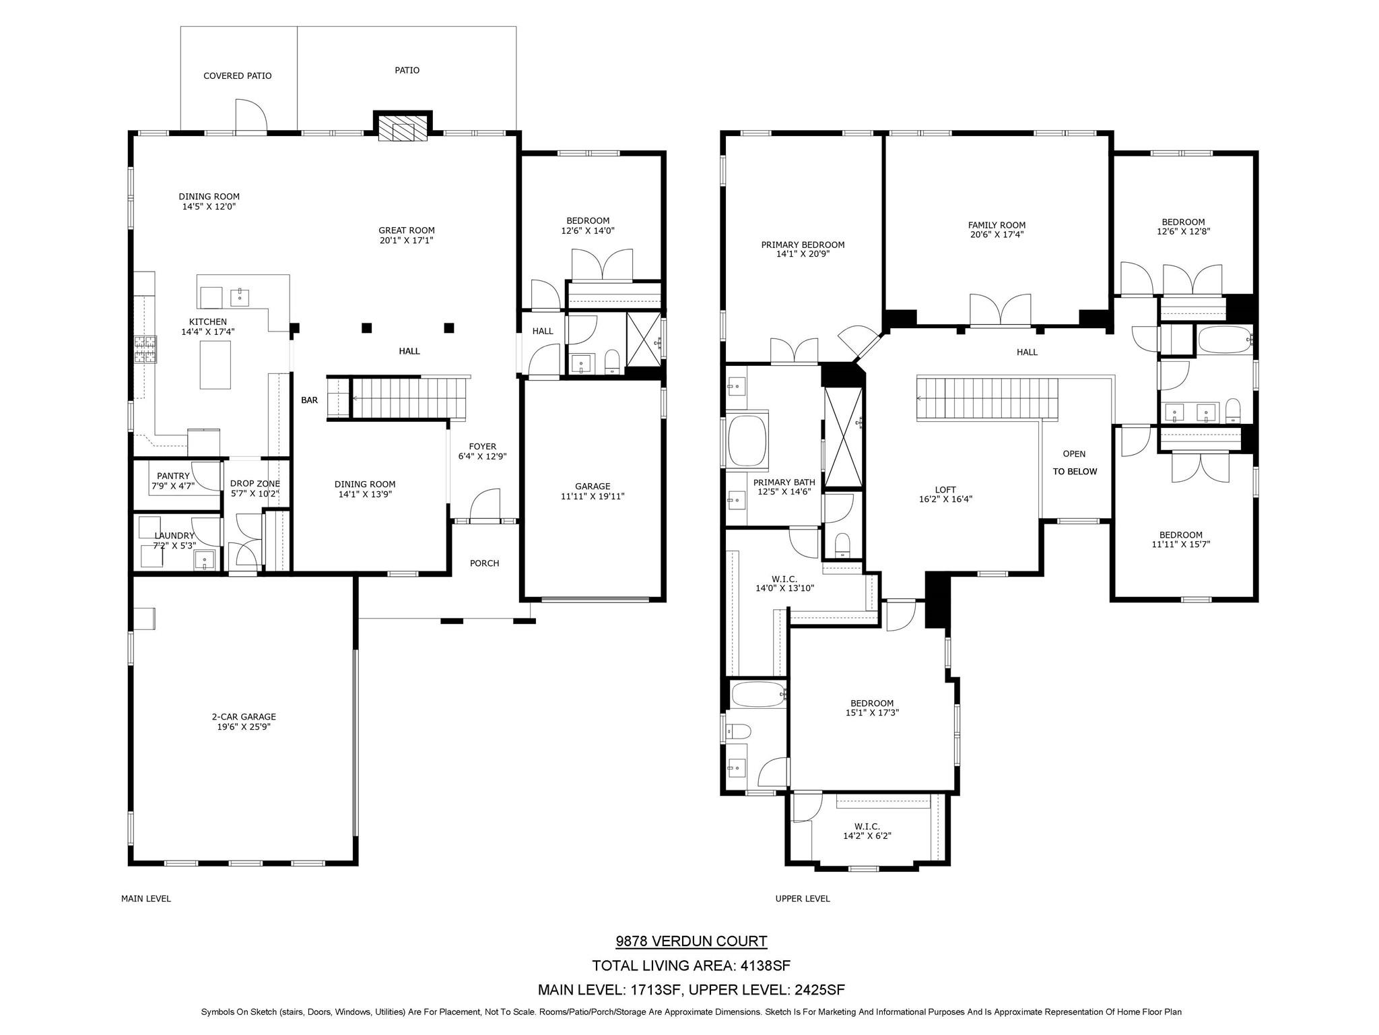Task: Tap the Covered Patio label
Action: (238, 76)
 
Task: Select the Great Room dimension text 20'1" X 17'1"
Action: (406, 240)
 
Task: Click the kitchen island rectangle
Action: (215, 365)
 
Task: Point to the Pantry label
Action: (173, 476)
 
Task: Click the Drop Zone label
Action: (255, 484)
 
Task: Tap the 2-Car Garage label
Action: (244, 717)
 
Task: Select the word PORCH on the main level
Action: (484, 563)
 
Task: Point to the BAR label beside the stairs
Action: (309, 400)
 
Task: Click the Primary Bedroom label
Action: (803, 245)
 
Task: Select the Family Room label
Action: (997, 225)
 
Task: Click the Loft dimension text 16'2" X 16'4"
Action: (945, 499)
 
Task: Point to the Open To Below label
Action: (1075, 462)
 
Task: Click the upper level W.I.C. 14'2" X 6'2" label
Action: (867, 832)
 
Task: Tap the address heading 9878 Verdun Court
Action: (691, 941)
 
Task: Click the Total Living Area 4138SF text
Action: (691, 966)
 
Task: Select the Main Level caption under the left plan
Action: (146, 898)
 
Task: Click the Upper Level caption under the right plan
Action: (803, 898)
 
